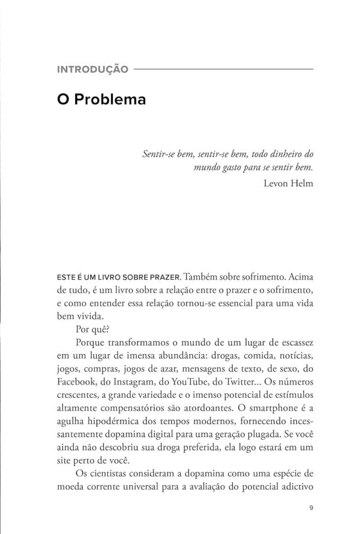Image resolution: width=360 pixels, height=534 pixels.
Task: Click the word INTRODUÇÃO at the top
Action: [92, 70]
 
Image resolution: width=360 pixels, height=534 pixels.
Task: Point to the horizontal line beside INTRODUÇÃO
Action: [223, 70]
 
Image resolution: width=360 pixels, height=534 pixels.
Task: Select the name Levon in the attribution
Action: [277, 184]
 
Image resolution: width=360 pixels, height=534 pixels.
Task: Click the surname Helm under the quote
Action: [302, 184]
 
